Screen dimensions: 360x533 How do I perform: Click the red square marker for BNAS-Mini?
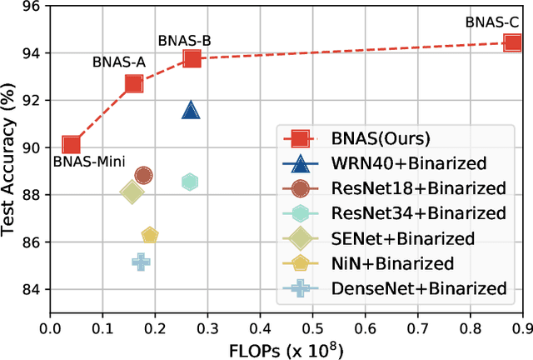point(72,145)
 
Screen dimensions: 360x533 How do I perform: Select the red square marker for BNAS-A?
point(134,83)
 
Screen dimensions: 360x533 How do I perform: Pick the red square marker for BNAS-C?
point(511,42)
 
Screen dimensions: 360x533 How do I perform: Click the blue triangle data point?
point(191,111)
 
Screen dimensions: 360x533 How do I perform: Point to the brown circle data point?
point(143,175)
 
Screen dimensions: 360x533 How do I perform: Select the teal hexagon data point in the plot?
point(190,182)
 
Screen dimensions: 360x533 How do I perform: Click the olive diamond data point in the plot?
point(132,192)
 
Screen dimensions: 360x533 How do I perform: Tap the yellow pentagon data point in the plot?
point(150,236)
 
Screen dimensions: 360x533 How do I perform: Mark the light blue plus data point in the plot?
point(142,262)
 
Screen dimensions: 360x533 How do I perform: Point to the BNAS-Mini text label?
point(83,163)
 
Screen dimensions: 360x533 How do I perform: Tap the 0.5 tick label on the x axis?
point(312,319)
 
